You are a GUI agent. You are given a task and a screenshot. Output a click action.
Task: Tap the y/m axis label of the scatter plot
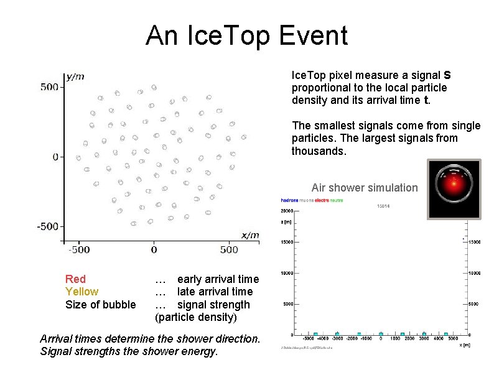click(75, 76)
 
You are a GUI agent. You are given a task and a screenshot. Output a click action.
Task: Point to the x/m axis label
click(250, 234)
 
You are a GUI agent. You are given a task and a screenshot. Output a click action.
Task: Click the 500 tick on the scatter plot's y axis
click(49, 86)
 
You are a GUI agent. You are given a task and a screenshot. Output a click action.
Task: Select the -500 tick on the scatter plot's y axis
click(47, 226)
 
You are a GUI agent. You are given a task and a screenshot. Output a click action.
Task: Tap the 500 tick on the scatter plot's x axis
click(229, 249)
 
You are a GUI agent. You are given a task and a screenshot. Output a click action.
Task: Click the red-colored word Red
click(75, 279)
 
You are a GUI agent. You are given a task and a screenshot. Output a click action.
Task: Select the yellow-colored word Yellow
click(82, 292)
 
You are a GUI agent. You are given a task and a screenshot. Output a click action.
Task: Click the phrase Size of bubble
click(100, 305)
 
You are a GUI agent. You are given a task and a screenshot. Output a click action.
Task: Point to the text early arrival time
click(218, 279)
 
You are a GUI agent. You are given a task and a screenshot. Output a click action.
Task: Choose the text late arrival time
click(215, 292)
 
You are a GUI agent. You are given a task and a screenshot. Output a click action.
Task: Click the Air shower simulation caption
click(365, 188)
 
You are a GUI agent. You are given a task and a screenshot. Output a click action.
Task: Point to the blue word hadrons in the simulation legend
click(290, 201)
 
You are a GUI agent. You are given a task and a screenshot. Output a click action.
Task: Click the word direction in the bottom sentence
click(236, 339)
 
